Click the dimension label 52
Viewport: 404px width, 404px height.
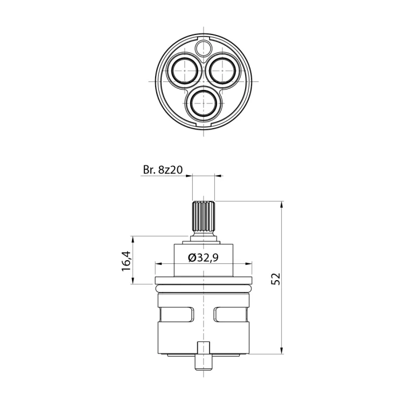276,278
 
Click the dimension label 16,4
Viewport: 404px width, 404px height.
126,261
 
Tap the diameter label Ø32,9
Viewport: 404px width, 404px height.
204,257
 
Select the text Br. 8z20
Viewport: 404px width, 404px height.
163,170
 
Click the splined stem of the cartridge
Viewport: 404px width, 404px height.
204,217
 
